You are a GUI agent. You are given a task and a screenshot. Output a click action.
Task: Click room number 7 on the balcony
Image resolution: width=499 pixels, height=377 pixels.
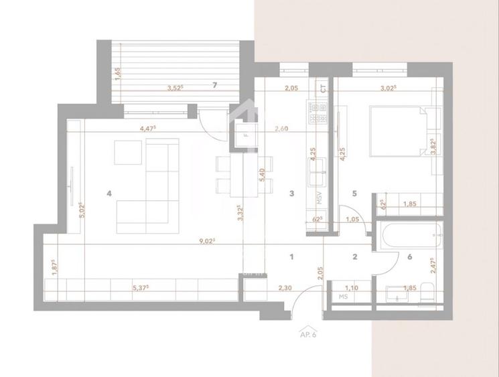point(214,85)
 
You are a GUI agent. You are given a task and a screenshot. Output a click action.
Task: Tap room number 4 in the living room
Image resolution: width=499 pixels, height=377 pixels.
point(109,194)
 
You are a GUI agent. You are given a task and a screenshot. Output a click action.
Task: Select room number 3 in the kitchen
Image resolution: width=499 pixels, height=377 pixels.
point(291,194)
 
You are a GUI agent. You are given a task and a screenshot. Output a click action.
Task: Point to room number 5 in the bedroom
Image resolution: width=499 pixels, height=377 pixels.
point(355,194)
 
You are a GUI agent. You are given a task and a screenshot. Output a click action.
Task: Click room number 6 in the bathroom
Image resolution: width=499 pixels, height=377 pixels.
point(410,256)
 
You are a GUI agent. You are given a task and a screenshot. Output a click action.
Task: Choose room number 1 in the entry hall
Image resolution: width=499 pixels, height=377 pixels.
point(292,256)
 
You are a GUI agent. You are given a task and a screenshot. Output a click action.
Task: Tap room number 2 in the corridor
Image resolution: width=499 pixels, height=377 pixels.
point(356,256)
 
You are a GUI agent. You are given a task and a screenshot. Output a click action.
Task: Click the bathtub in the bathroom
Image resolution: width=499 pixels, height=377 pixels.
point(409,235)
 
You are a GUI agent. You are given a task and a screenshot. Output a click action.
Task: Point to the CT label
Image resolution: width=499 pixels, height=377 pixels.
point(322,88)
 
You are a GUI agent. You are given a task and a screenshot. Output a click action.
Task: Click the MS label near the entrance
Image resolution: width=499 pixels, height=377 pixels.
point(344,296)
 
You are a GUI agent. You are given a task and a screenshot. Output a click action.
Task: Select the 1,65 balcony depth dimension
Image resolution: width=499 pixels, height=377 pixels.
point(117,74)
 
